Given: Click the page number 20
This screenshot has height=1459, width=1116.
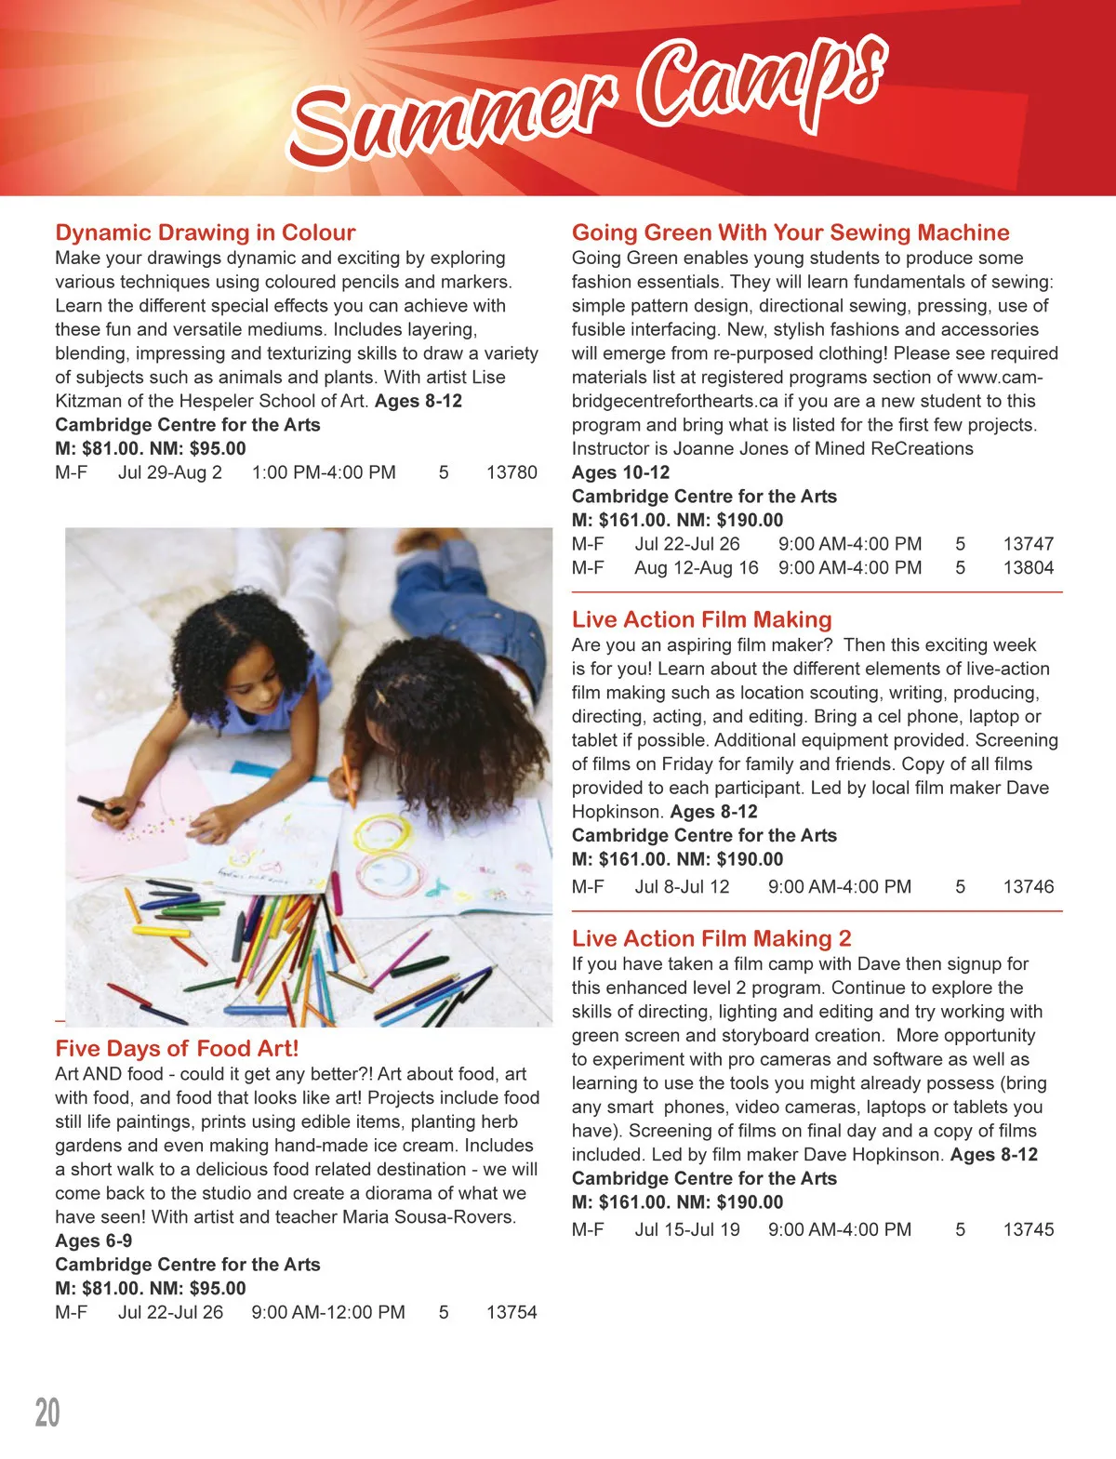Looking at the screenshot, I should pos(47,1413).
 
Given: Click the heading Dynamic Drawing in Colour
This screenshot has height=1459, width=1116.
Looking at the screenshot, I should pos(205,232).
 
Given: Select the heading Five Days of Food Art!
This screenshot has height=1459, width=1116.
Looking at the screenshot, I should pos(177,1049).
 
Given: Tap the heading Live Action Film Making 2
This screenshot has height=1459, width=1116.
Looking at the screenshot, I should pos(711,938).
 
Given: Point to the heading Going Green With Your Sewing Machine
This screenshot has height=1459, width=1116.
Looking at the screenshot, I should pos(790,232).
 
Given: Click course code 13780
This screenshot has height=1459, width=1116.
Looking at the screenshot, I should pos(511,472).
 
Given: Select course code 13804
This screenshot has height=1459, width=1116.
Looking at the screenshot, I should pos(1028,567).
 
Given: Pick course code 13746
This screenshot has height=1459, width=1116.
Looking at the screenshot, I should pos(1028,887).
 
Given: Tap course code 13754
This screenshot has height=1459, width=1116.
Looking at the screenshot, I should pos(511,1312).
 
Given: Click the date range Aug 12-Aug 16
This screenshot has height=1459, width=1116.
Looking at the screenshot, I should pos(697,567).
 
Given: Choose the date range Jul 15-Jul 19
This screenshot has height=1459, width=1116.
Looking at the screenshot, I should pos(687,1229).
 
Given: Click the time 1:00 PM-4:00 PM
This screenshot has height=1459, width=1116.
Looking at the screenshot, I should pos(324,472).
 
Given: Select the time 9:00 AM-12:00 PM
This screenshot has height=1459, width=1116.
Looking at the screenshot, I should pos(328,1312).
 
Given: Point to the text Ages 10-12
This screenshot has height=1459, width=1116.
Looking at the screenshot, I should pos(620,472).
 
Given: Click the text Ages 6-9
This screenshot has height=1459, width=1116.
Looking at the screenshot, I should pos(93,1240).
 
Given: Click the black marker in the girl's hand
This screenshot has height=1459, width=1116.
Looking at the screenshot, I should pos(99,805).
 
